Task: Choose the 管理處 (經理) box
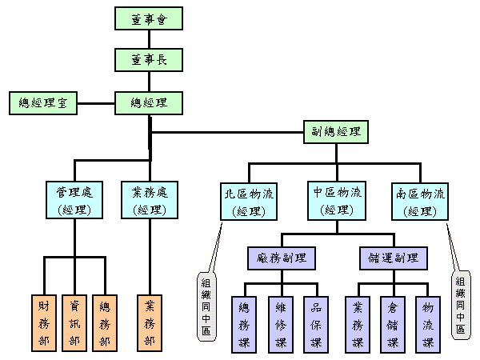(x=74, y=201)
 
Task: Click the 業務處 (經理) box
(x=150, y=201)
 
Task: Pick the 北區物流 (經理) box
(x=249, y=201)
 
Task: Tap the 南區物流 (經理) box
(x=421, y=201)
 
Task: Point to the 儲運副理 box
(x=394, y=258)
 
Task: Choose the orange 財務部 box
(x=44, y=323)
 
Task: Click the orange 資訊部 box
(x=74, y=323)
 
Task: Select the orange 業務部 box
(x=150, y=323)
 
